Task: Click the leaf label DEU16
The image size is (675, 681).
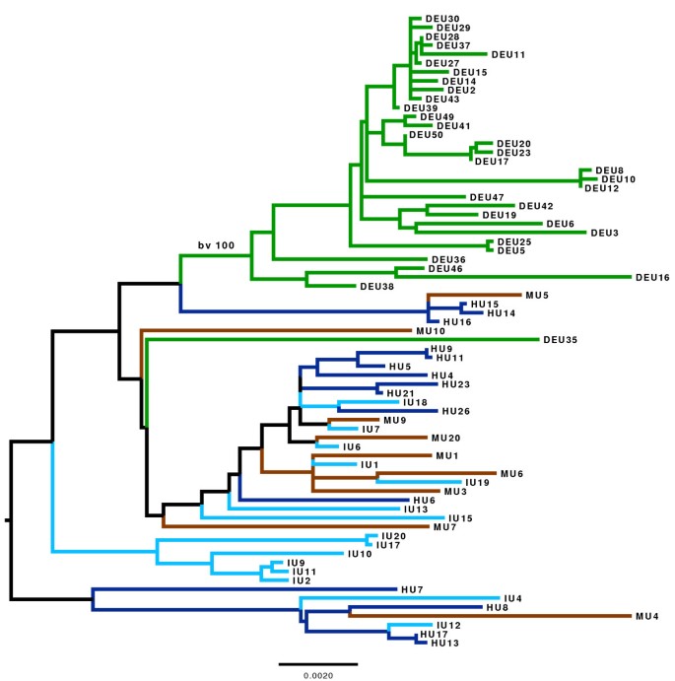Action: (x=652, y=278)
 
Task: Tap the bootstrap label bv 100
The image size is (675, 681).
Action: (x=215, y=244)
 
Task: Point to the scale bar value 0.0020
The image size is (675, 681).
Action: (x=317, y=676)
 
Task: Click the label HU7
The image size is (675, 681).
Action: (x=412, y=589)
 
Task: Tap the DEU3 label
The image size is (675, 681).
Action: (x=604, y=233)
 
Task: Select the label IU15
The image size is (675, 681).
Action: (x=460, y=517)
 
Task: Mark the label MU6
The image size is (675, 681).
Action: (x=511, y=474)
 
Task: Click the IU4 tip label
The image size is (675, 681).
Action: (x=512, y=598)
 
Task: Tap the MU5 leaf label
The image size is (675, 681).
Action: (x=536, y=295)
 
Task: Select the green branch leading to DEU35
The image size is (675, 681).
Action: (x=345, y=339)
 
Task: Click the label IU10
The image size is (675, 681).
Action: (x=359, y=554)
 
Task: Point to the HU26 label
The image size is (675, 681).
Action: (x=454, y=411)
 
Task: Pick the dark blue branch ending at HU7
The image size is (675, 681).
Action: (x=246, y=589)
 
